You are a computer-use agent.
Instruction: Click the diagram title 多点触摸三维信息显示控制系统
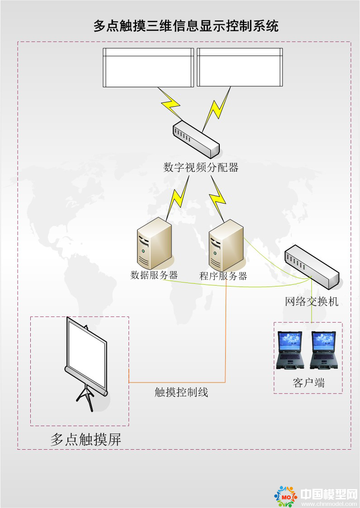tap(186, 25)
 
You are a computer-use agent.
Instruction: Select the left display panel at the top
tap(148, 67)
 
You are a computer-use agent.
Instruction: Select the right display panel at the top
tap(240, 67)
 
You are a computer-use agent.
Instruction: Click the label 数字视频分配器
tap(201, 168)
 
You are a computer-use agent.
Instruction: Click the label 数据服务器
tap(154, 275)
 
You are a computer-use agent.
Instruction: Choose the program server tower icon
tap(226, 245)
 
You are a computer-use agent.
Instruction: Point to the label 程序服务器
tap(223, 276)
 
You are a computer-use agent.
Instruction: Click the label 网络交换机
tap(312, 301)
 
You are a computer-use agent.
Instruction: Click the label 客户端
tap(308, 383)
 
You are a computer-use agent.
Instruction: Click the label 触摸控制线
tap(181, 392)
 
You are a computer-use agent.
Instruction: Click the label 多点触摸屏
tap(86, 439)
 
